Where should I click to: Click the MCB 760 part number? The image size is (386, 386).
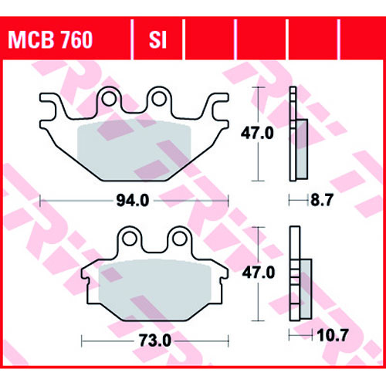click(50, 40)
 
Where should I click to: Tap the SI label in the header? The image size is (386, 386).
click(157, 40)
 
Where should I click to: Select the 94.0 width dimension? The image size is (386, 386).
click(133, 201)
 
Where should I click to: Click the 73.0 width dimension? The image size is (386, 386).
click(155, 340)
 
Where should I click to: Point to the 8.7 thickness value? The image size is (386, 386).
click(322, 200)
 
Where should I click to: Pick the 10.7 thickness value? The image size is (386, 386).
click(333, 335)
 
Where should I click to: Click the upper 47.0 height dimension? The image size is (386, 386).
click(257, 134)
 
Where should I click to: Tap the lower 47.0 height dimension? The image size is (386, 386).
click(259, 273)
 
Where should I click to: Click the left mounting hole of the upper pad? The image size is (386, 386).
click(109, 99)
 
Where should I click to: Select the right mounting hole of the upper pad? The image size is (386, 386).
click(159, 99)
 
